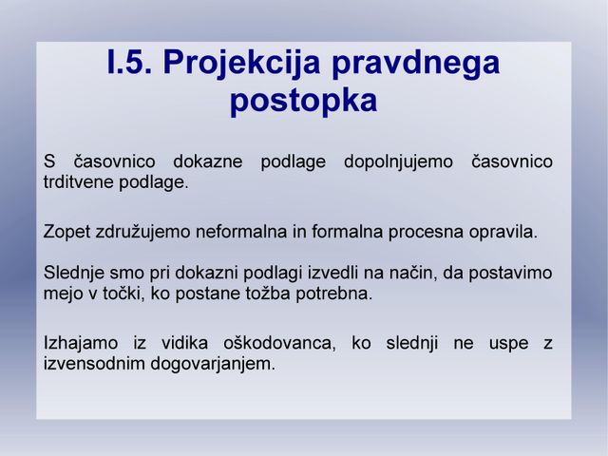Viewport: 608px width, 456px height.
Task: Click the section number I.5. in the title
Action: (x=129, y=62)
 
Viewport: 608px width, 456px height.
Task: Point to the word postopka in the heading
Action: (x=304, y=101)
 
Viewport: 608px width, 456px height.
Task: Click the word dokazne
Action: (x=208, y=161)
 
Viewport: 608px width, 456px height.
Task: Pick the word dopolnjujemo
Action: (x=398, y=162)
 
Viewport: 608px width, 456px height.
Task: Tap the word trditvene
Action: (x=78, y=181)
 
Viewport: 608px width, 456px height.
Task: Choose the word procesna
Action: (x=426, y=233)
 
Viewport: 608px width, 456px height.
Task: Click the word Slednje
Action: (x=74, y=274)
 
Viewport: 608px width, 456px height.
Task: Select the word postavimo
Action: (x=510, y=274)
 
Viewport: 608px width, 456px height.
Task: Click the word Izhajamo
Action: (x=81, y=344)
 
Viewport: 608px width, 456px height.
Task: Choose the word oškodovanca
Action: (x=279, y=344)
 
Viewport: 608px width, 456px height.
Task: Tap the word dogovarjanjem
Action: (x=213, y=365)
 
